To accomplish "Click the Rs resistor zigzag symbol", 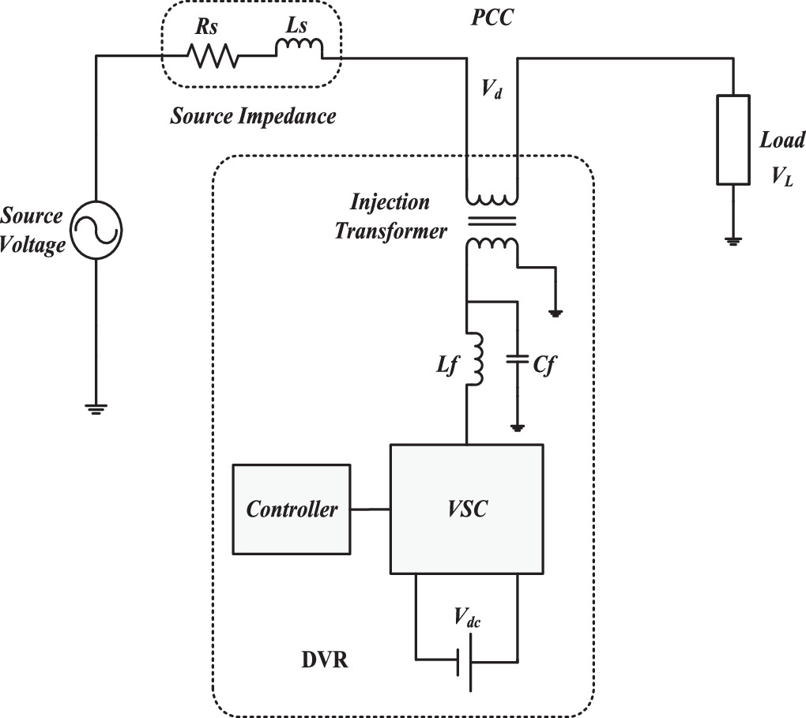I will coord(211,57).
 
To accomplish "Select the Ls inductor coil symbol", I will coord(299,51).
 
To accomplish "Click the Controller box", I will coord(292,509).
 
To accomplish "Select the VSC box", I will coord(465,509).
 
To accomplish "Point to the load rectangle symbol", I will coord(734,139).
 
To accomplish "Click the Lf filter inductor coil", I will coord(476,359).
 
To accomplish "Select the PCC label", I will coord(487,17).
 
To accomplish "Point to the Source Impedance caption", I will coord(254,117).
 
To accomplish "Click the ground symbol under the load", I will coord(734,240).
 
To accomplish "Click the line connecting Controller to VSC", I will coord(371,509).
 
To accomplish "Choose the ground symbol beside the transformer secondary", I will coord(557,313).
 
